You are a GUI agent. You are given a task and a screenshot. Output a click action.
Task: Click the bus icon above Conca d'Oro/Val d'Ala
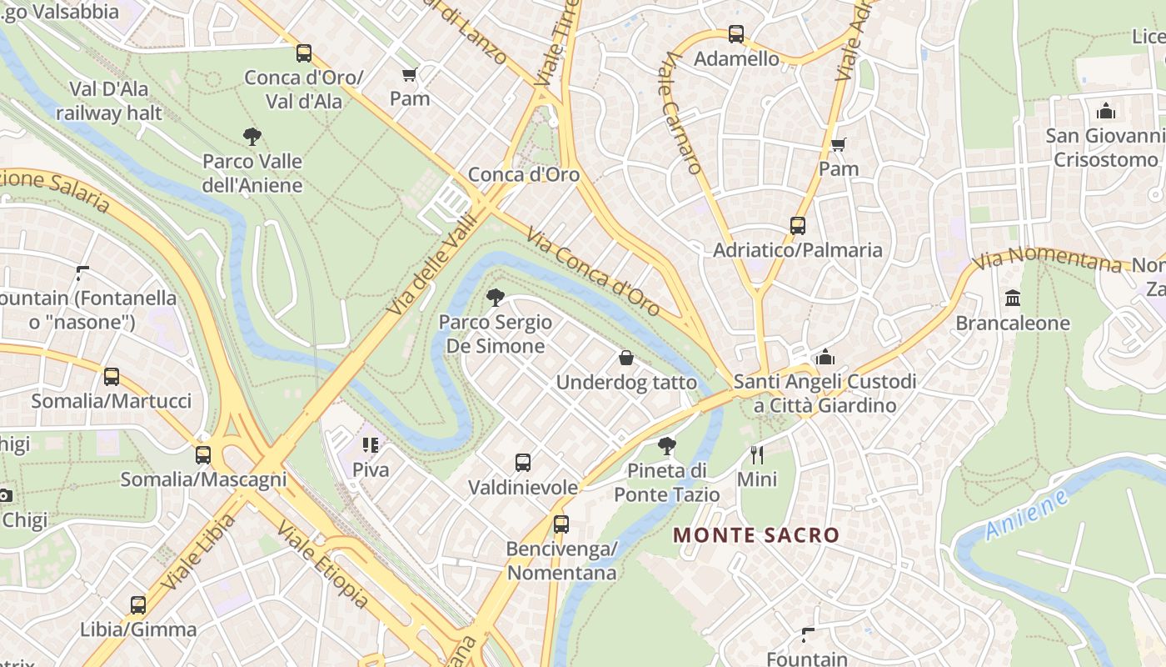point(304,53)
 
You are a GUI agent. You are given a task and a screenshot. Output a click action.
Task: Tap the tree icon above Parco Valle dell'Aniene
point(252,137)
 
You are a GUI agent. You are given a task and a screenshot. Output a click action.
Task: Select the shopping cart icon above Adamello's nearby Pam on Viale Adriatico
point(839,145)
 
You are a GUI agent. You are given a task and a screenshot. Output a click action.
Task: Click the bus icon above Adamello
point(736,34)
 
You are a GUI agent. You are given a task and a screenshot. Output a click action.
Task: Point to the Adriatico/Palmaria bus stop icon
point(797,226)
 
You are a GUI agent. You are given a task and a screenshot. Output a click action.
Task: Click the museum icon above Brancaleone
point(1013,298)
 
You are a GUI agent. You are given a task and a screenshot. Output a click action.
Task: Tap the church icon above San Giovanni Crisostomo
point(1106,111)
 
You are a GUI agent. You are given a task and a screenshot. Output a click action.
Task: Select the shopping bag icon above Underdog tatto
point(626,359)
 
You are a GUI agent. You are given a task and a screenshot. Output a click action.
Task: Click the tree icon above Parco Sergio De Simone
point(496,298)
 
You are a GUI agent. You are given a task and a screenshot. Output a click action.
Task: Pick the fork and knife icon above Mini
point(757,455)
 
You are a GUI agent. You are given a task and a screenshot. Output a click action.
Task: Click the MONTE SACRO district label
point(756,535)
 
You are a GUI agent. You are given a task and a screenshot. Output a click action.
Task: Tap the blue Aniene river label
point(1027,514)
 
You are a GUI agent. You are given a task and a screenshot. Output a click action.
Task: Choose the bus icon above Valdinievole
point(523,463)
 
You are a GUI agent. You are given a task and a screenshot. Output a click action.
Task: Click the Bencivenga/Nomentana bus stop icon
point(561,524)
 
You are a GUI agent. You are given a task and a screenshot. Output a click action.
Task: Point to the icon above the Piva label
point(371,445)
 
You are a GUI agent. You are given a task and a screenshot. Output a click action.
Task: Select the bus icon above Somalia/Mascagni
point(203,455)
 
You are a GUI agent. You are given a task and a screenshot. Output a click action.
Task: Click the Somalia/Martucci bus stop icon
point(112,377)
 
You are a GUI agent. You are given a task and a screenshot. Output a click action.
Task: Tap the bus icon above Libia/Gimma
point(138,605)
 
